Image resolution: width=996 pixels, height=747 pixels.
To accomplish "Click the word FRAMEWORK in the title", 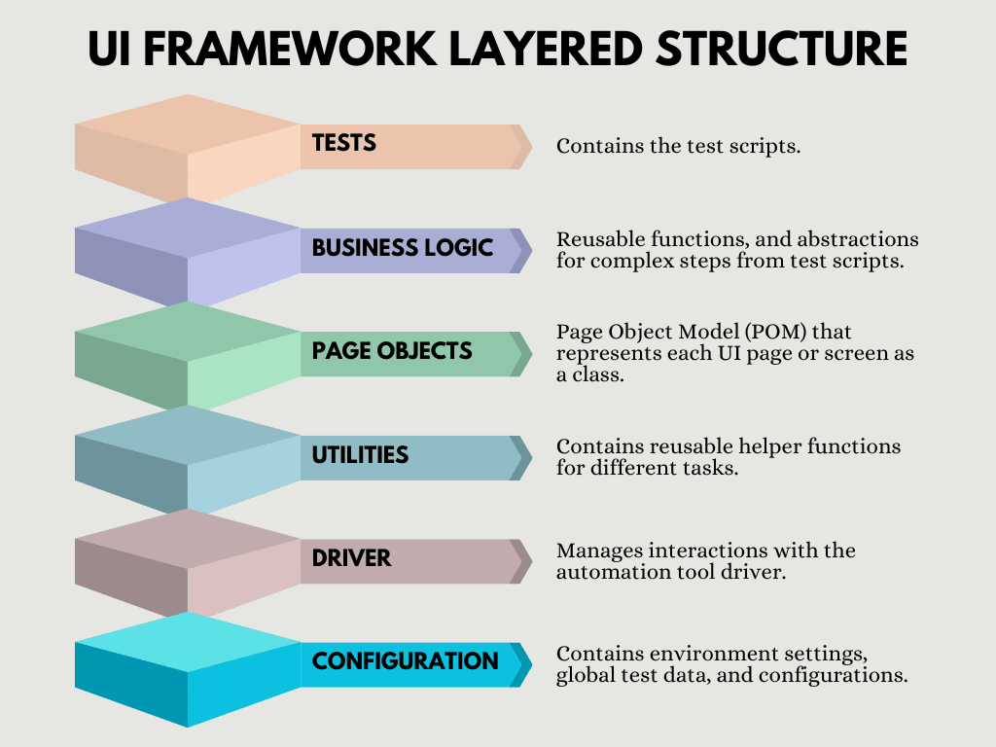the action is (290, 49).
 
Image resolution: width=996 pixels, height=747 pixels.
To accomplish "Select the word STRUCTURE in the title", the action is (781, 49).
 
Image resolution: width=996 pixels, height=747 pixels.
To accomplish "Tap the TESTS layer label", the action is (343, 143).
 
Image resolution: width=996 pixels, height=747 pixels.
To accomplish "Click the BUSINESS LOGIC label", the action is (402, 248).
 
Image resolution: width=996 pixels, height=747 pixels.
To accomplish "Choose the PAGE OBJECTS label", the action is (392, 350).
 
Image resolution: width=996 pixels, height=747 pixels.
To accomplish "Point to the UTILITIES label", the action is (360, 455).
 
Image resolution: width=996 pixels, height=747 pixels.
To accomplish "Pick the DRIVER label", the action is (351, 558).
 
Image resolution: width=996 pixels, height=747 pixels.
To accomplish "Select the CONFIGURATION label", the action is (406, 661).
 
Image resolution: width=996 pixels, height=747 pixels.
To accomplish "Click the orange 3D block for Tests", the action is (188, 148).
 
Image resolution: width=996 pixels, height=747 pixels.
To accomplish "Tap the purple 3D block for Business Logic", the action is (188, 252).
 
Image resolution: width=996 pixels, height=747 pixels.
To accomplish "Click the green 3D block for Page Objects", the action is (188, 355).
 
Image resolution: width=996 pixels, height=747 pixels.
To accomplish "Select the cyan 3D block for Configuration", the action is (188, 669).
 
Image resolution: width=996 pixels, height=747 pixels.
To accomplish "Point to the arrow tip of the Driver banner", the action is (532, 561).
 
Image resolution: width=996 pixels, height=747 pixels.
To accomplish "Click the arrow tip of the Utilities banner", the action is (532, 458).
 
